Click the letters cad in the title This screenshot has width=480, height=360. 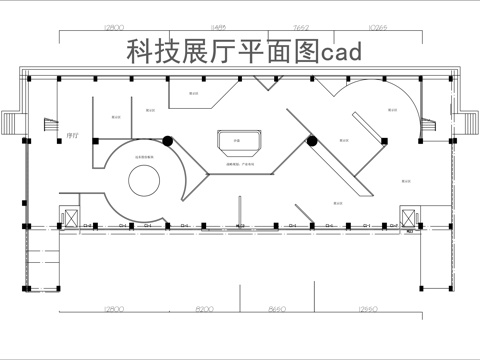[x=341, y=51]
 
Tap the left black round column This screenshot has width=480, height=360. [x=168, y=141]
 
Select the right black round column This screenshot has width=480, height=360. [x=312, y=141]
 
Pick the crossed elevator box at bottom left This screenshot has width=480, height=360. [x=70, y=218]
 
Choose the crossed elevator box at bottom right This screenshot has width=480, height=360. [x=409, y=216]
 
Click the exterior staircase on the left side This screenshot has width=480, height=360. [x=12, y=123]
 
